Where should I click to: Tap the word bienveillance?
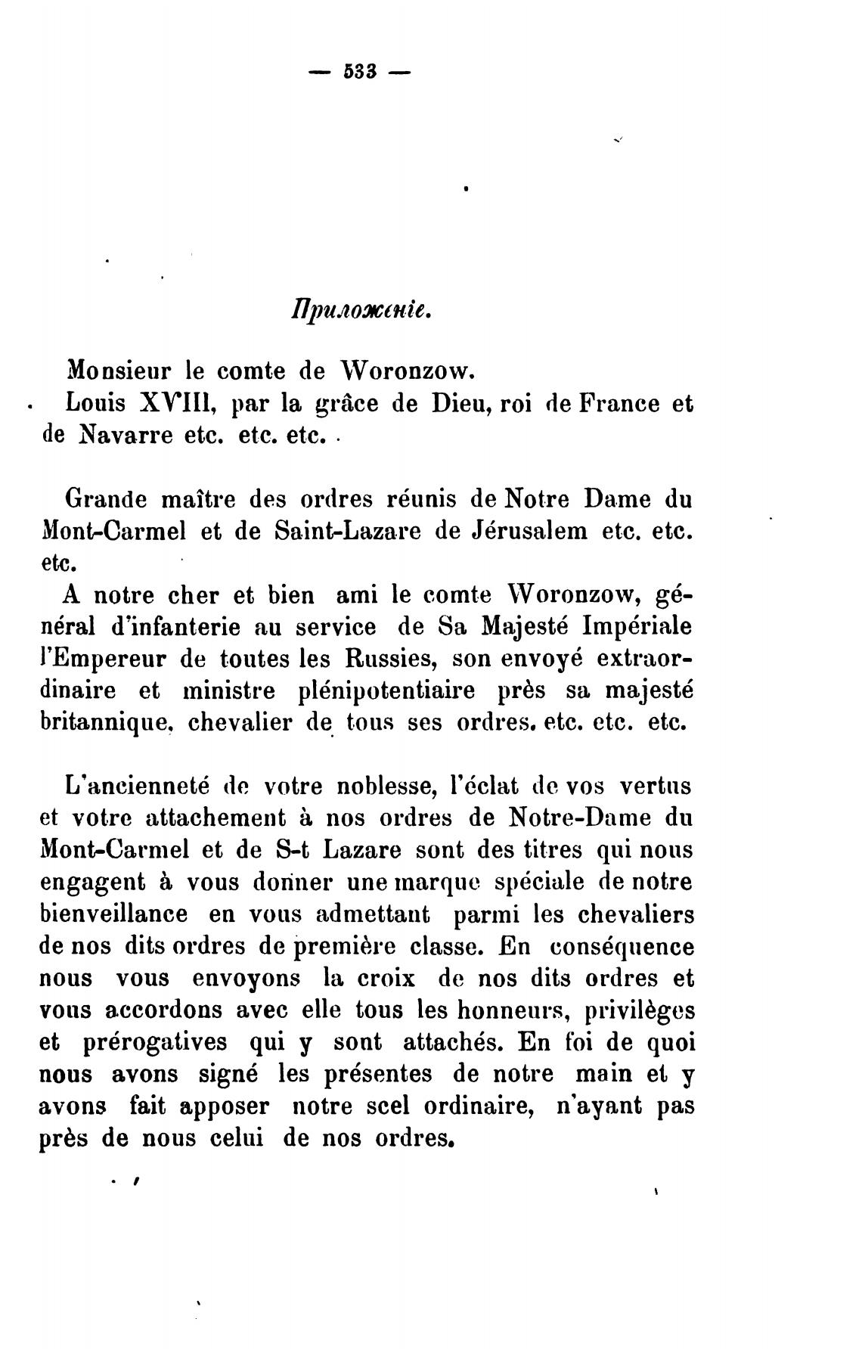point(113,914)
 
